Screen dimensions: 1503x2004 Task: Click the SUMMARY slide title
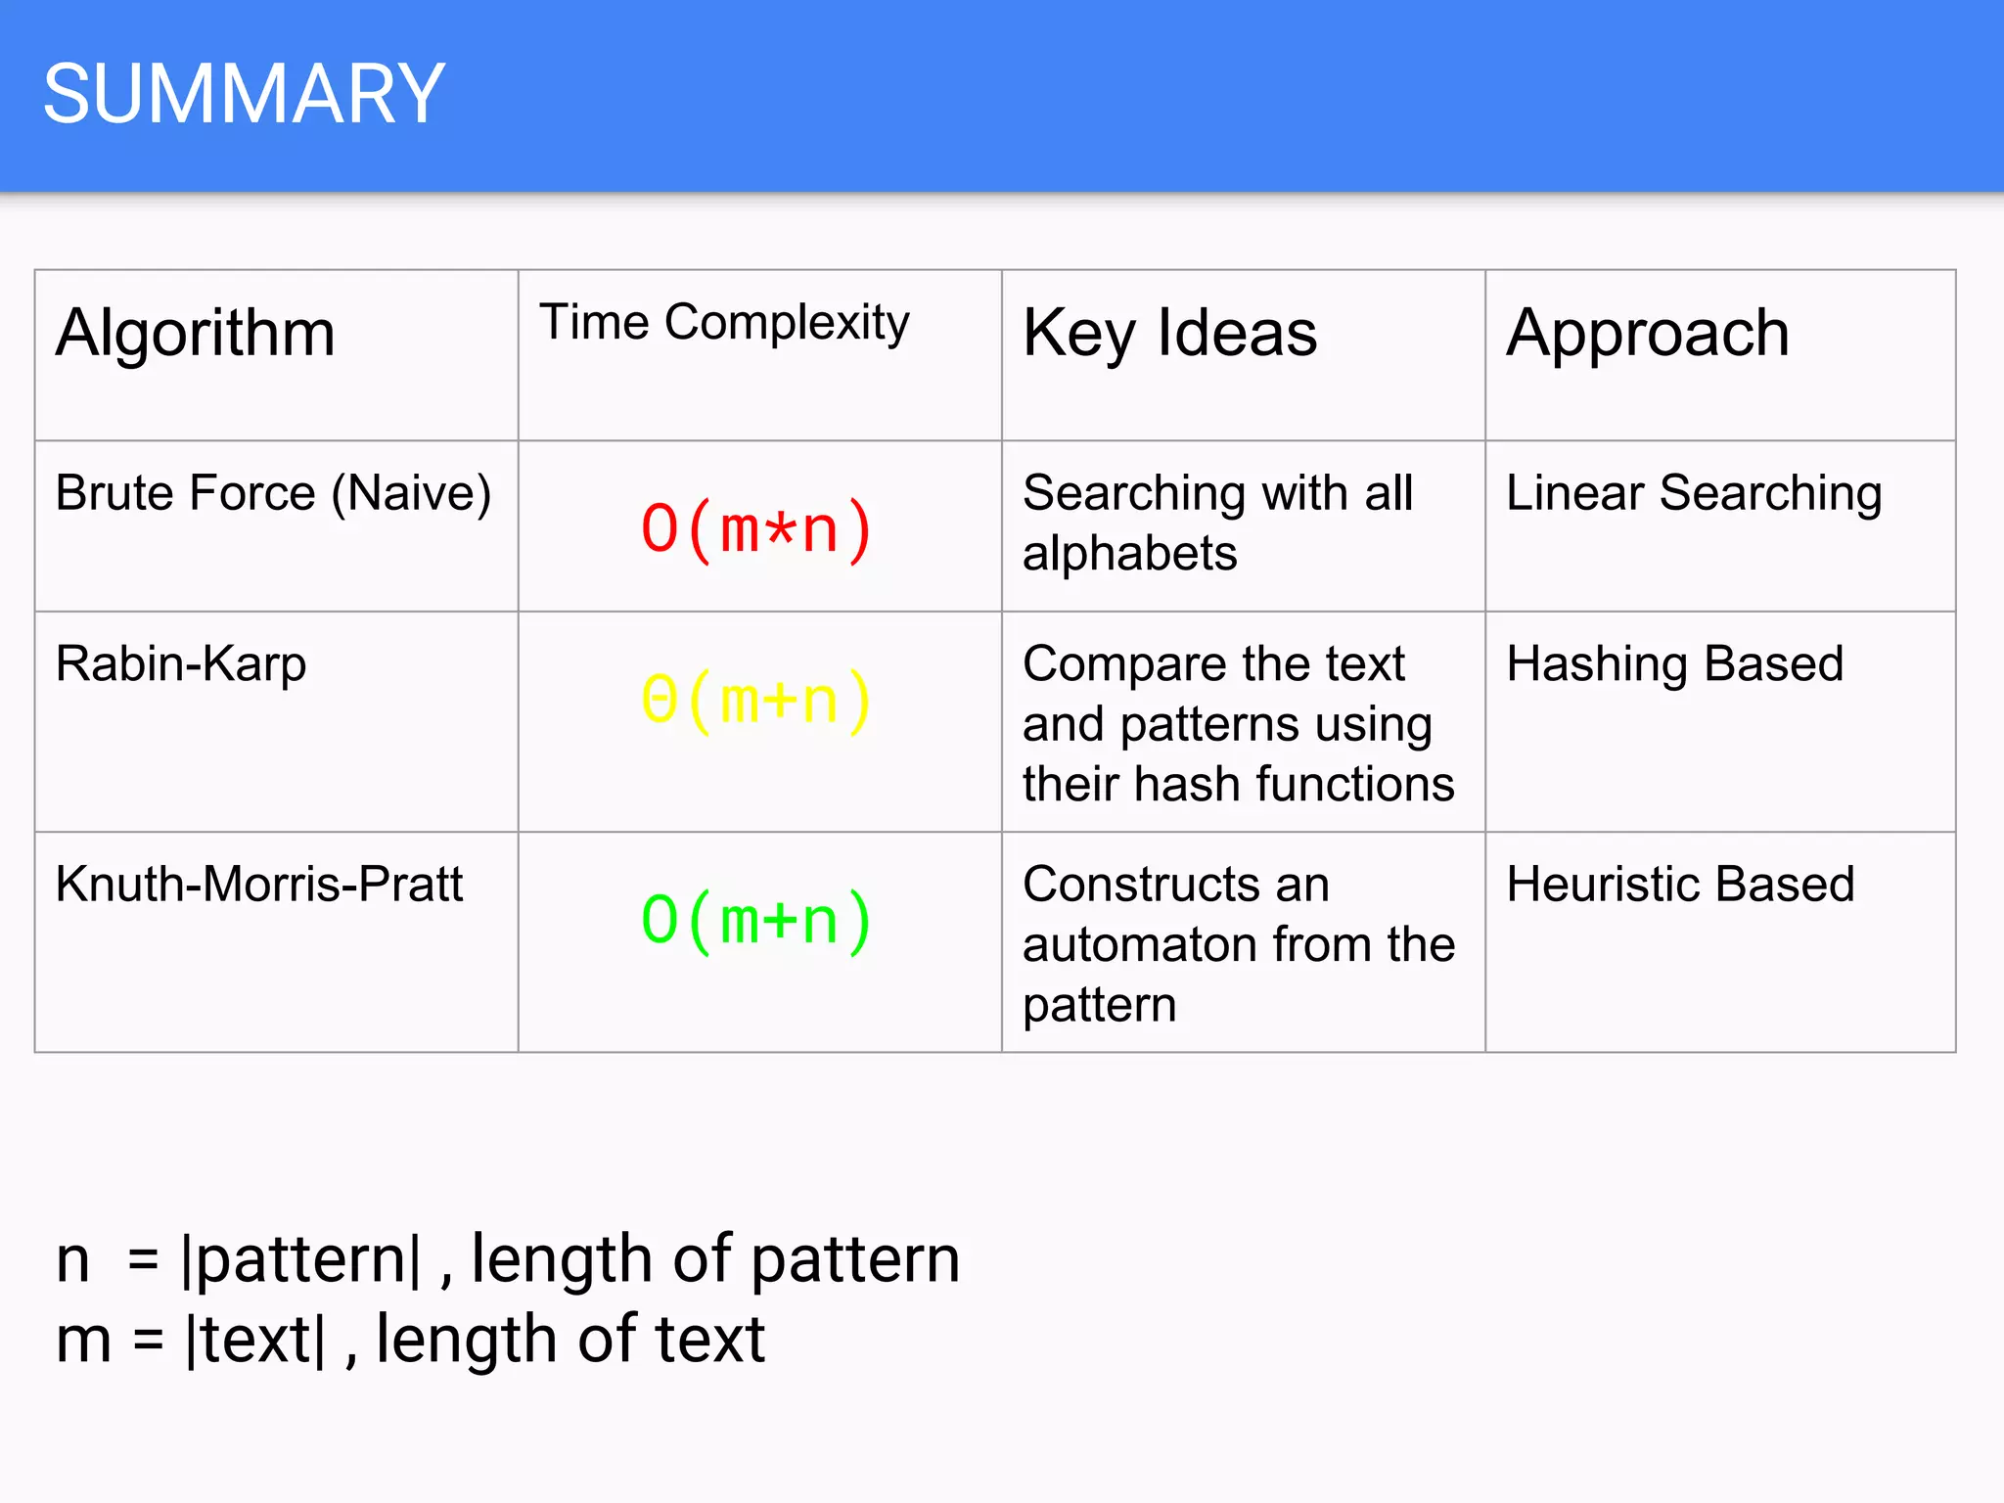244,94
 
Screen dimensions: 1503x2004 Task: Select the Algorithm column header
196,333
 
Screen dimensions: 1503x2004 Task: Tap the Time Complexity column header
724,322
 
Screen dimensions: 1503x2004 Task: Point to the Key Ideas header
1169,333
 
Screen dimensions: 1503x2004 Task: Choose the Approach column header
1648,333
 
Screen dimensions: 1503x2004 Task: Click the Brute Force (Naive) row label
273,492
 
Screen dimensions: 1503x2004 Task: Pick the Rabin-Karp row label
181,663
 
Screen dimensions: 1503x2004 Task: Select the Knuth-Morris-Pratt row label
259,884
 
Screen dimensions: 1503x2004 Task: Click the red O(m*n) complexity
755,529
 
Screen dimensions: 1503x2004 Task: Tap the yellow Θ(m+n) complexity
755,701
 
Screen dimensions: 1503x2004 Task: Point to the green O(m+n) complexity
755,921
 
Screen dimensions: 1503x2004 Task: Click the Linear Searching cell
1694,492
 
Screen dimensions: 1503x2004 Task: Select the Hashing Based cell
1675,663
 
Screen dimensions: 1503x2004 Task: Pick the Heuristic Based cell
1680,884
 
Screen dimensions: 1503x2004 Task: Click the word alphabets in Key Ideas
1130,554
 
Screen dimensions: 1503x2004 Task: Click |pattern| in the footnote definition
302,1259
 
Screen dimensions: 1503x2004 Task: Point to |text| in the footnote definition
255,1340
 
